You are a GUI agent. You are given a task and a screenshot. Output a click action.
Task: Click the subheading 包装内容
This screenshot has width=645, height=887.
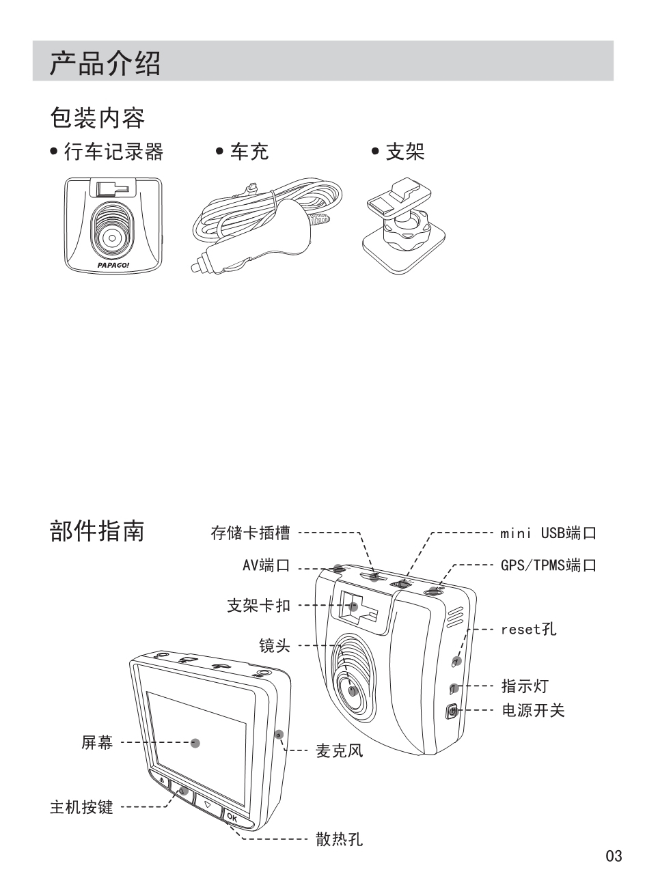click(97, 117)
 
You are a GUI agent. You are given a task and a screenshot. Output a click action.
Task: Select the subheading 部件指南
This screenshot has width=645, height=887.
click(97, 531)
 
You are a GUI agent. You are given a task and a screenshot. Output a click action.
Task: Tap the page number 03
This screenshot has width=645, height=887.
click(614, 856)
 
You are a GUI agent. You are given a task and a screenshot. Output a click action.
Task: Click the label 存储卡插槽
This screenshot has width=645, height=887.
click(249, 533)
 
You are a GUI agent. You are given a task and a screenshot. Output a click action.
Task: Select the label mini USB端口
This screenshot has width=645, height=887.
click(548, 533)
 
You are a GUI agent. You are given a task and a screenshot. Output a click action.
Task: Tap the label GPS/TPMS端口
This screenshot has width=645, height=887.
click(548, 566)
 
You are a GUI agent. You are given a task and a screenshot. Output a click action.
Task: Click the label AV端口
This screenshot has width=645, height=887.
click(266, 566)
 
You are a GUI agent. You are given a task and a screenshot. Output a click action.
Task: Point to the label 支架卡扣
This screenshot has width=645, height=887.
click(258, 605)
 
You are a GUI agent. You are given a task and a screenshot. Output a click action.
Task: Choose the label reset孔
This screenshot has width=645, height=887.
click(528, 629)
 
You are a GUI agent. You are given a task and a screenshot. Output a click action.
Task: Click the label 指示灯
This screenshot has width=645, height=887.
click(525, 686)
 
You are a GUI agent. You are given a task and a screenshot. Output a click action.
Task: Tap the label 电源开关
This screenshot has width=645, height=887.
click(533, 711)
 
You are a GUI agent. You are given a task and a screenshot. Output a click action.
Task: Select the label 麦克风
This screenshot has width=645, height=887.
click(338, 751)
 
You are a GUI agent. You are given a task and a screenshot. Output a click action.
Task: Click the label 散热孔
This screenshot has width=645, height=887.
click(338, 839)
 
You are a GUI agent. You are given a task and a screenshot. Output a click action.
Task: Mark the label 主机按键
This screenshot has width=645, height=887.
click(81, 808)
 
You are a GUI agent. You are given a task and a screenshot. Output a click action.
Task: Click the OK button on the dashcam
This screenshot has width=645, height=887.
click(231, 817)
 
